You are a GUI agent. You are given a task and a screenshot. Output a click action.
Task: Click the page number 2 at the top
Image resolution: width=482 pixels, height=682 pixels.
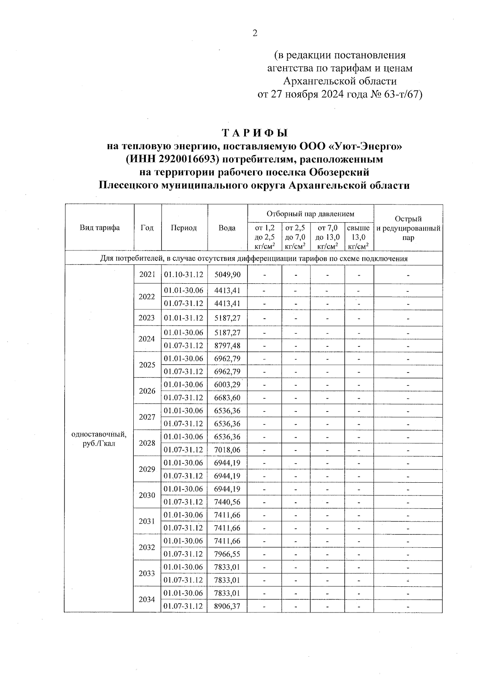pos(255,33)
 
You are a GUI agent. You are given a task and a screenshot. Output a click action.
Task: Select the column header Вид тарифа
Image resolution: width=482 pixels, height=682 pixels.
pos(100,228)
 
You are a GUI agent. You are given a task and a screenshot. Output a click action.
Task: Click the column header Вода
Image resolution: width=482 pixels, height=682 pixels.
pos(227,228)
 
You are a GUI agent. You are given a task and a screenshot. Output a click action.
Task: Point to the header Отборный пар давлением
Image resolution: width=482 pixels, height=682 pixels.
pos(310,213)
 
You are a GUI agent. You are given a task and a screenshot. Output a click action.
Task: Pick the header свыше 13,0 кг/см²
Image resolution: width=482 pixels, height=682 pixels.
pos(359,237)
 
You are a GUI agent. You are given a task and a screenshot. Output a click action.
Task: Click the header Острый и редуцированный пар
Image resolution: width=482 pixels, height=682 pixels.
pos(408,228)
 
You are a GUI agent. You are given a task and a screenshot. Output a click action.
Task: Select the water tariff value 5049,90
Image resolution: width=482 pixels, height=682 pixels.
pos(227,274)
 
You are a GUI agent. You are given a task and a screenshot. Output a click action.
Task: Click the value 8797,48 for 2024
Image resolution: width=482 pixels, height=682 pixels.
pos(227,346)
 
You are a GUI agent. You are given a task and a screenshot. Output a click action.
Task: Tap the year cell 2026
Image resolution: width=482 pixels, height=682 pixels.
pos(147,391)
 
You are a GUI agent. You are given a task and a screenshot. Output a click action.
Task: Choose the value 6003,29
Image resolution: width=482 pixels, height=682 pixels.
pos(227,385)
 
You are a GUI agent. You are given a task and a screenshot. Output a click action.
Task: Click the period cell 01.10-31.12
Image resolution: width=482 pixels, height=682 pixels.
pos(184,274)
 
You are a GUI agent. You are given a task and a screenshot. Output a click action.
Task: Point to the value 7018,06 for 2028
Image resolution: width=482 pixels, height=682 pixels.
pos(227,450)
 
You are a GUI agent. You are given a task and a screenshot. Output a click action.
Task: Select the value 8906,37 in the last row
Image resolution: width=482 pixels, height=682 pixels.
pos(227,606)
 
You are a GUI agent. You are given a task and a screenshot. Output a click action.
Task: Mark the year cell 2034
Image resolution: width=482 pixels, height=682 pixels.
pos(147,600)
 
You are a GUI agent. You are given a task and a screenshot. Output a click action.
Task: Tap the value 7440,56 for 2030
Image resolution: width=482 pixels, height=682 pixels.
pos(227,502)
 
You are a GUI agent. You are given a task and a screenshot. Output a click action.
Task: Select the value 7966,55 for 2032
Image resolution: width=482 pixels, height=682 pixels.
pos(227,554)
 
